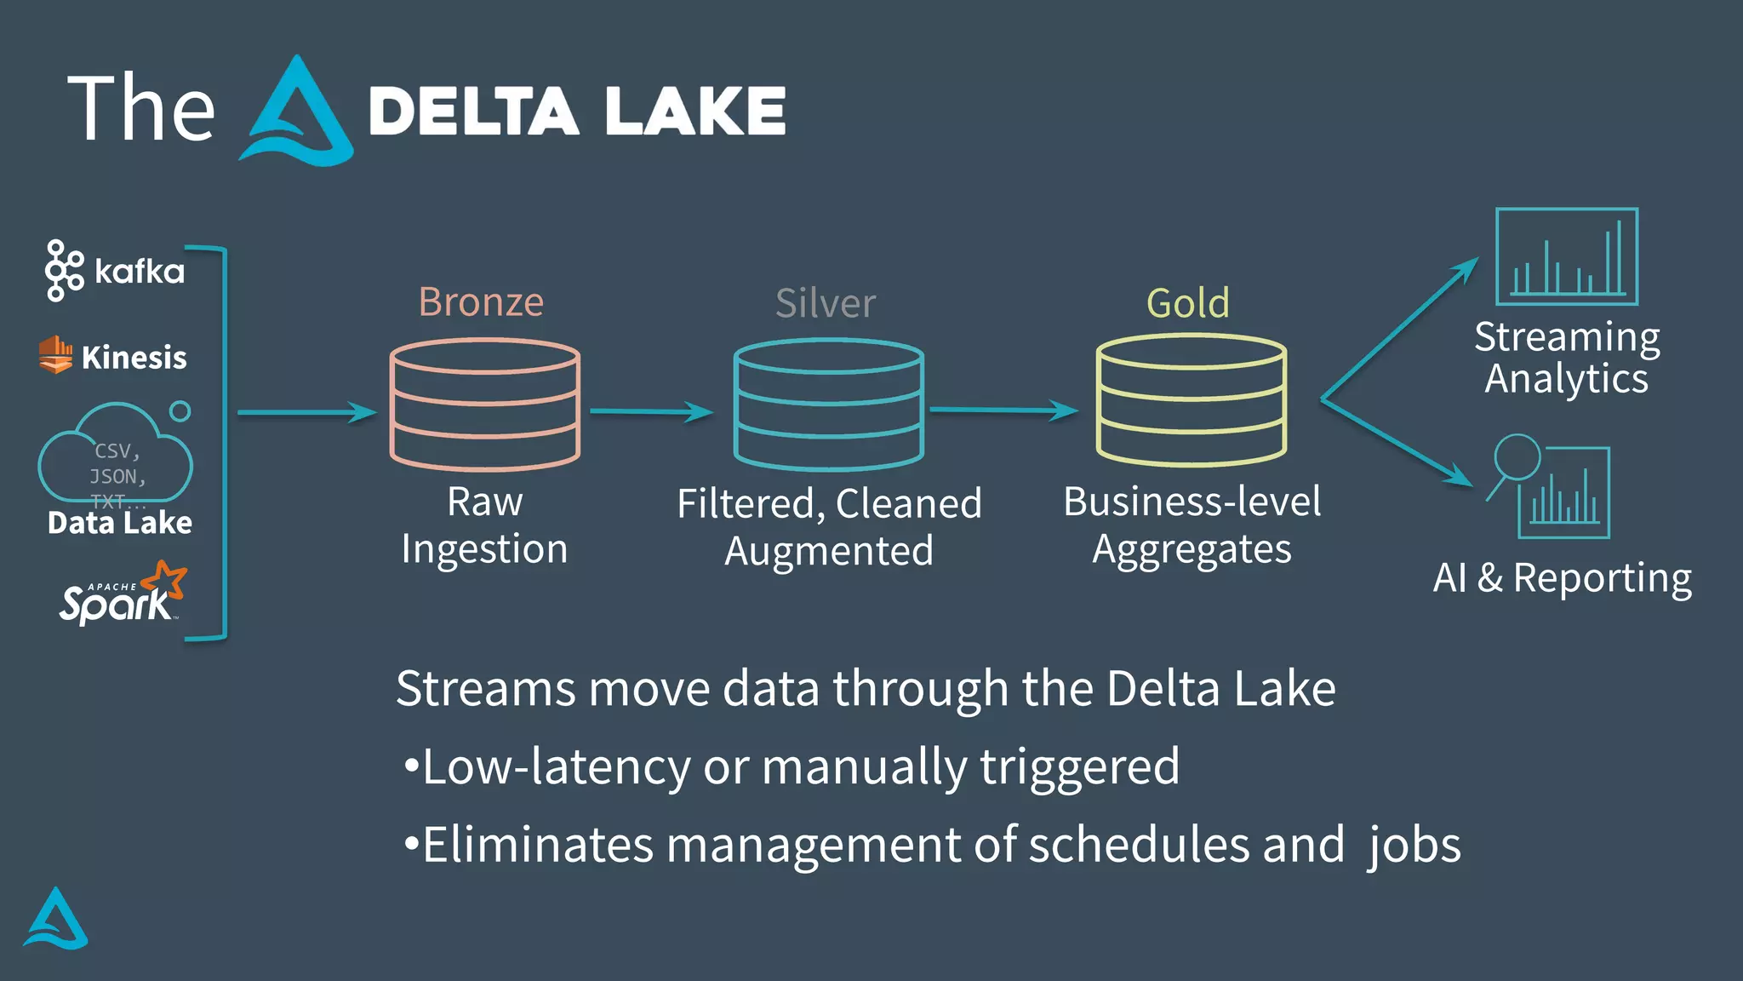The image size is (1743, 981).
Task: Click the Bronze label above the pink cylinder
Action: (x=481, y=302)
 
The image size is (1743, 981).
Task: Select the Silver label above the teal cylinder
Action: (x=825, y=303)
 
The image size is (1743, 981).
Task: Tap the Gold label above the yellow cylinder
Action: (x=1187, y=303)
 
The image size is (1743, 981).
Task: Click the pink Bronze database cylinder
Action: (x=484, y=404)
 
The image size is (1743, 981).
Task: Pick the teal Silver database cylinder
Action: (x=828, y=404)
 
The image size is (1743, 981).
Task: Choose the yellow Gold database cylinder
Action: (x=1191, y=400)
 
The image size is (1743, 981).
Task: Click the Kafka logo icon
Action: (x=64, y=271)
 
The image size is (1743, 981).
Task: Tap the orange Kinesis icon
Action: (x=55, y=354)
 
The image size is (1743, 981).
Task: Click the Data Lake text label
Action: (x=119, y=522)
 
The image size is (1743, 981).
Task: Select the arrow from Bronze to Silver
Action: (x=651, y=412)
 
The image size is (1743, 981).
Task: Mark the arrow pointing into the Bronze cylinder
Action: (x=306, y=413)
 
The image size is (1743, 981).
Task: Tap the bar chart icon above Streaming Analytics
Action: (x=1566, y=256)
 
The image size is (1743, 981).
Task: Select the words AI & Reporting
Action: (x=1562, y=578)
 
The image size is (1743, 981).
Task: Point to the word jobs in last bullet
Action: (x=1414, y=846)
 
